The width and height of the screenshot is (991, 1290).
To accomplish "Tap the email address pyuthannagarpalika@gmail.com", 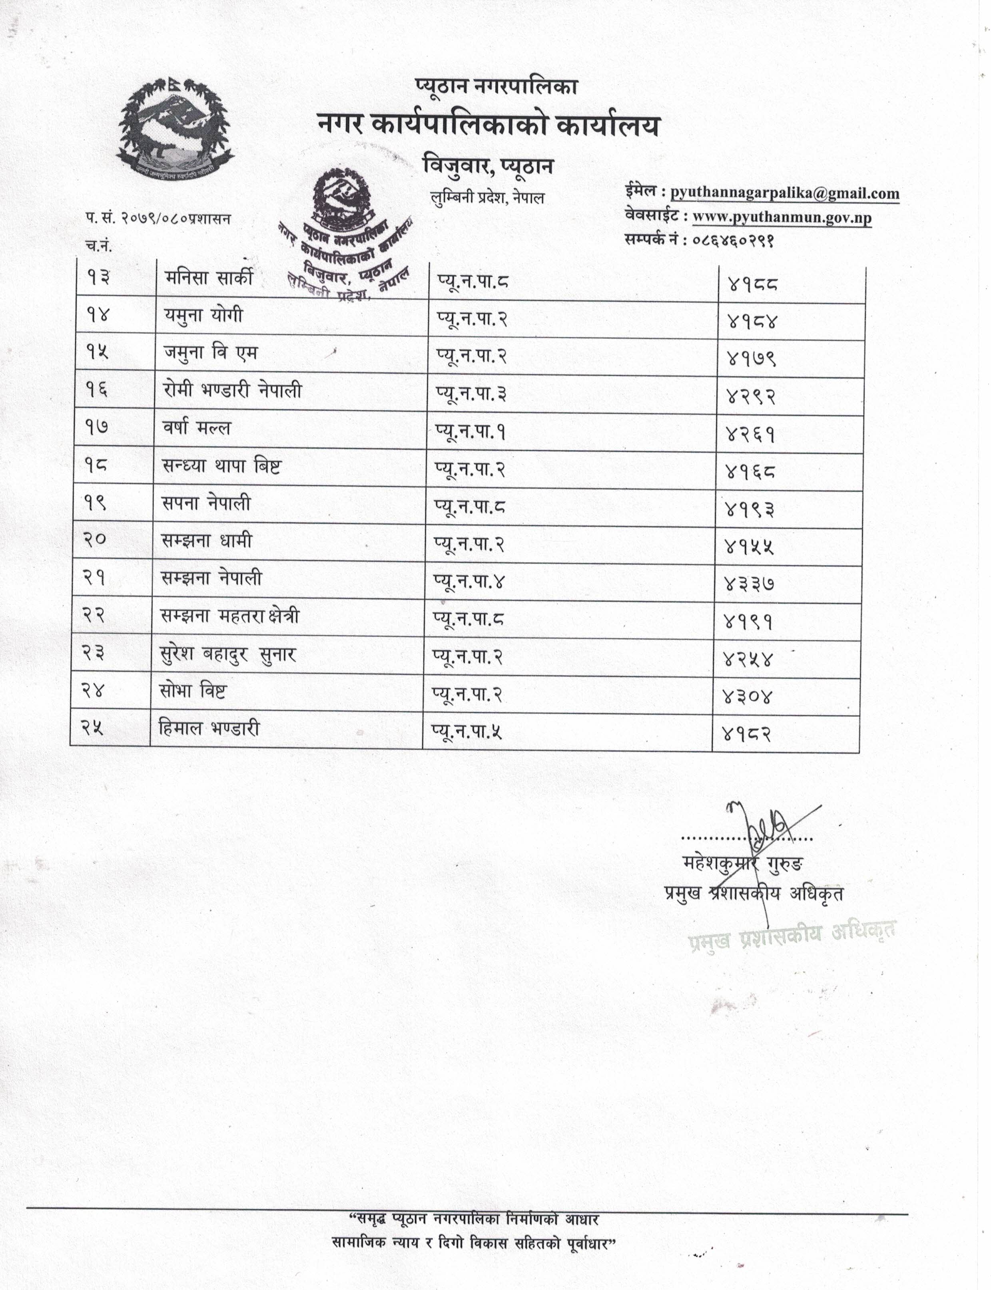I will click(785, 193).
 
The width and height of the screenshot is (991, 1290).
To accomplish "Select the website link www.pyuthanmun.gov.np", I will click(782, 218).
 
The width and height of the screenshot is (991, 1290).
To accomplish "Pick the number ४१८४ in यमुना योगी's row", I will click(752, 321).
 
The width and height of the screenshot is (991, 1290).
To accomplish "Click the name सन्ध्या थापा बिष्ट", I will click(221, 466).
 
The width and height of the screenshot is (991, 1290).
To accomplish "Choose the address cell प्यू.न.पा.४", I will click(470, 582).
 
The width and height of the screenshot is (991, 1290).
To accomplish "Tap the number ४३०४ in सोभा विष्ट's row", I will click(747, 698).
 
